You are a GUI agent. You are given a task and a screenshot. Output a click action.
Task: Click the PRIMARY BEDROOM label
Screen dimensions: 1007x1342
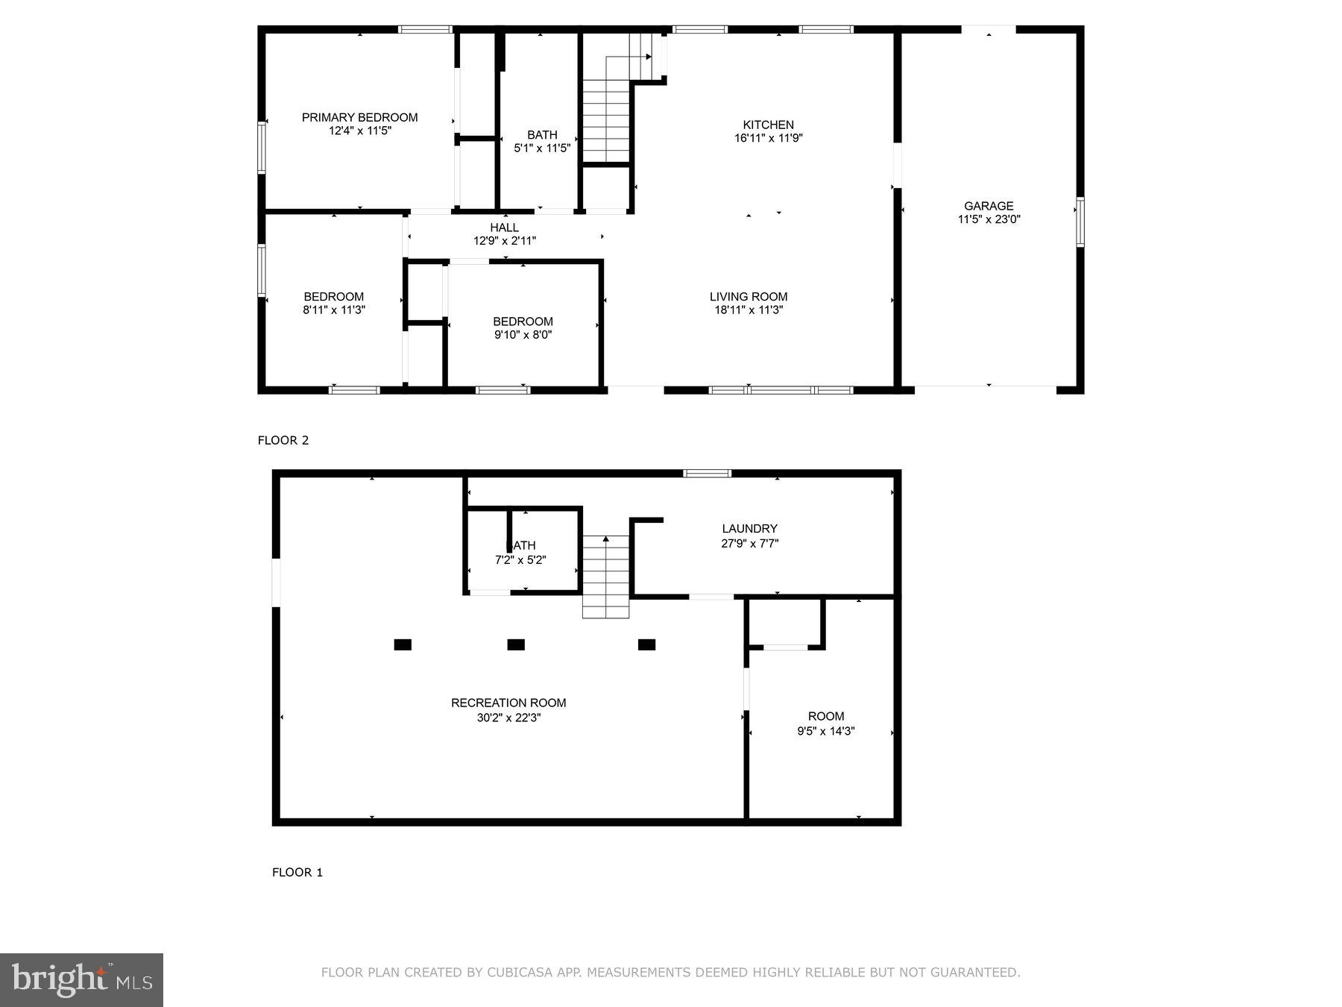359,117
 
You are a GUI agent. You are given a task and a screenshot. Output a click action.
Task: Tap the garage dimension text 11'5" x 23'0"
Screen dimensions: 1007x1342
989,219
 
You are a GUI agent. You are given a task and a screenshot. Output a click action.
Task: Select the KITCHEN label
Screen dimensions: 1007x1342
768,125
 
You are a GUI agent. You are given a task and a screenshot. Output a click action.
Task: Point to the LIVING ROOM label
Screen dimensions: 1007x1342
748,296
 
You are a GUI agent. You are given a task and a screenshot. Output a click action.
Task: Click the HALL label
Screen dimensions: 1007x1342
504,228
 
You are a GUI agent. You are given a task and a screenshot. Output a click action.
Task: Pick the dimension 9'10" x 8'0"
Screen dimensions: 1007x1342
523,335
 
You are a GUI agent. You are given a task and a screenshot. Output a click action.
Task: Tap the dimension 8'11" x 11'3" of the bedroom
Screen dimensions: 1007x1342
333,310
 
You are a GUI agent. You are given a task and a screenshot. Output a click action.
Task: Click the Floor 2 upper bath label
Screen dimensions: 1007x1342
542,135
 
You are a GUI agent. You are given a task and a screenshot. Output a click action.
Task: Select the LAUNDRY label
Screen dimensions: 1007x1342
749,528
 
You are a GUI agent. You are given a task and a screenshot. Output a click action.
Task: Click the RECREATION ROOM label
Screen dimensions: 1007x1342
508,703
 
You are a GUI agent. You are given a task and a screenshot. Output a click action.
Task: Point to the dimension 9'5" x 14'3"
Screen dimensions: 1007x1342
825,731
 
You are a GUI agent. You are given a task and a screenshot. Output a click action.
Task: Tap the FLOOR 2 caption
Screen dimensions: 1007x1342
283,440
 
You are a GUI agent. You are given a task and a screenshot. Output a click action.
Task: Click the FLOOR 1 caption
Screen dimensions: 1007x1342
297,872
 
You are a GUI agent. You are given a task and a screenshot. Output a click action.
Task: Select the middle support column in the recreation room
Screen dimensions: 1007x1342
516,644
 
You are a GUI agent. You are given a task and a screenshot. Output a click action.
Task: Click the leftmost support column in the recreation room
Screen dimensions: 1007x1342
403,644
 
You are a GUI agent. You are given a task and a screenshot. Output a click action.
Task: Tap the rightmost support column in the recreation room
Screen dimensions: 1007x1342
646,644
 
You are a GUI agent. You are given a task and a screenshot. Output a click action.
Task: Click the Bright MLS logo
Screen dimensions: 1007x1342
81,979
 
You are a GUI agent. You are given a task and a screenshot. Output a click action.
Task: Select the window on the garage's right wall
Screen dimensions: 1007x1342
1080,222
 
